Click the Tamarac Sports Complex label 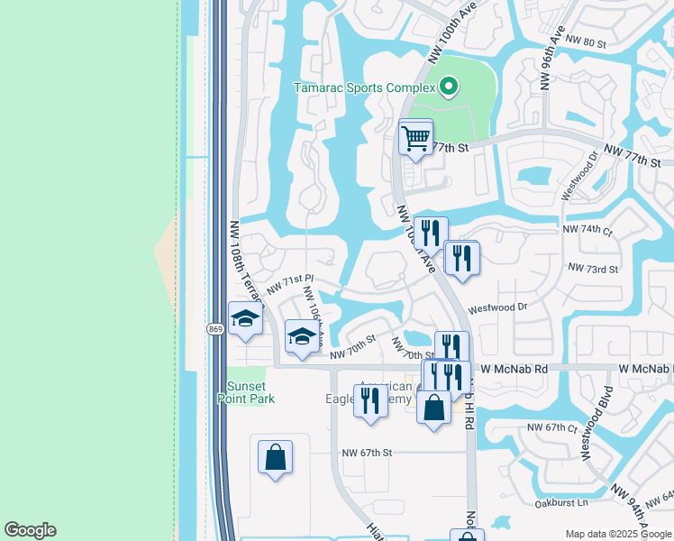[x=365, y=87]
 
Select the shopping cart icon [x=415, y=138]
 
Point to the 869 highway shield [x=215, y=329]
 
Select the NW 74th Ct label [x=590, y=230]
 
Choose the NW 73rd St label [x=593, y=269]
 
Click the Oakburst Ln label [x=557, y=502]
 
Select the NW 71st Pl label [x=289, y=285]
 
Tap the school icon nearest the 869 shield [x=244, y=319]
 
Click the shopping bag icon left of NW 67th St [x=276, y=456]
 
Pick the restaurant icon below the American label [x=370, y=401]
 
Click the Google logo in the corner [x=30, y=530]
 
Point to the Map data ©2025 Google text [x=617, y=534]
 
